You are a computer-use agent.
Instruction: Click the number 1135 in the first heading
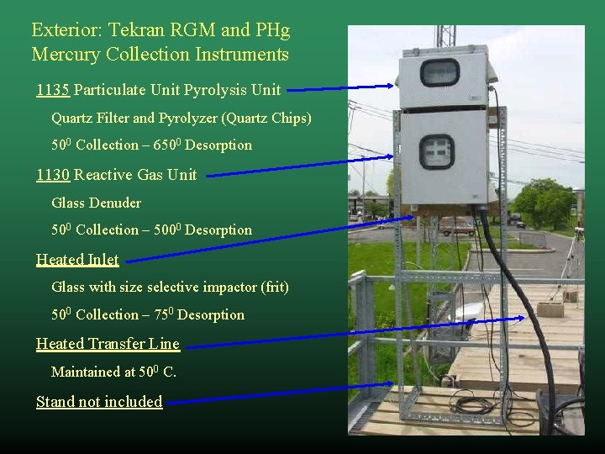point(52,89)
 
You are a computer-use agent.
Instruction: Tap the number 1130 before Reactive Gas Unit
point(52,175)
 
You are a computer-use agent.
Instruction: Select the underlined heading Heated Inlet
point(77,259)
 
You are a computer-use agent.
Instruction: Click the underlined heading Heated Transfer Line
point(108,343)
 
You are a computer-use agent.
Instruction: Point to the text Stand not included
point(99,402)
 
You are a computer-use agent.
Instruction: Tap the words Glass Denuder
point(96,203)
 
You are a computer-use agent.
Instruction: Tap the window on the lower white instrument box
point(436,152)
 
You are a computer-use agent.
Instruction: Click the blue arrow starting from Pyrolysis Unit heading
point(340,87)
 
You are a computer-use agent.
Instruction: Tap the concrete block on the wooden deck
point(550,309)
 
